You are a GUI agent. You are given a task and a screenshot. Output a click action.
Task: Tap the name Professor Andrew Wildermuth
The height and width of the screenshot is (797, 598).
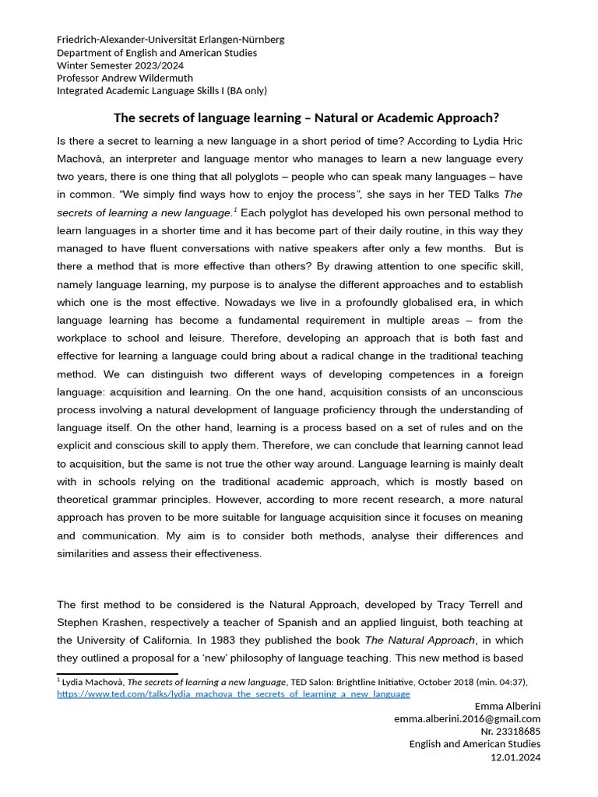pyautogui.click(x=125, y=78)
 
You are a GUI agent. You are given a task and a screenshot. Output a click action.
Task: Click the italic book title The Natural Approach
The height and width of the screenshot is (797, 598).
pyautogui.click(x=420, y=640)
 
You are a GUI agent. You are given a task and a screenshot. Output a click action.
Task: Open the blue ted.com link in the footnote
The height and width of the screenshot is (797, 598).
pyautogui.click(x=234, y=693)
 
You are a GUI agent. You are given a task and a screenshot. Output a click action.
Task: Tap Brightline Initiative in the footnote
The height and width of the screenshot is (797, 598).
pyautogui.click(x=370, y=682)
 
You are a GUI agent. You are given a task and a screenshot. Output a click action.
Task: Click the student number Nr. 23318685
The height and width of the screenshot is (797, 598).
pyautogui.click(x=510, y=732)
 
